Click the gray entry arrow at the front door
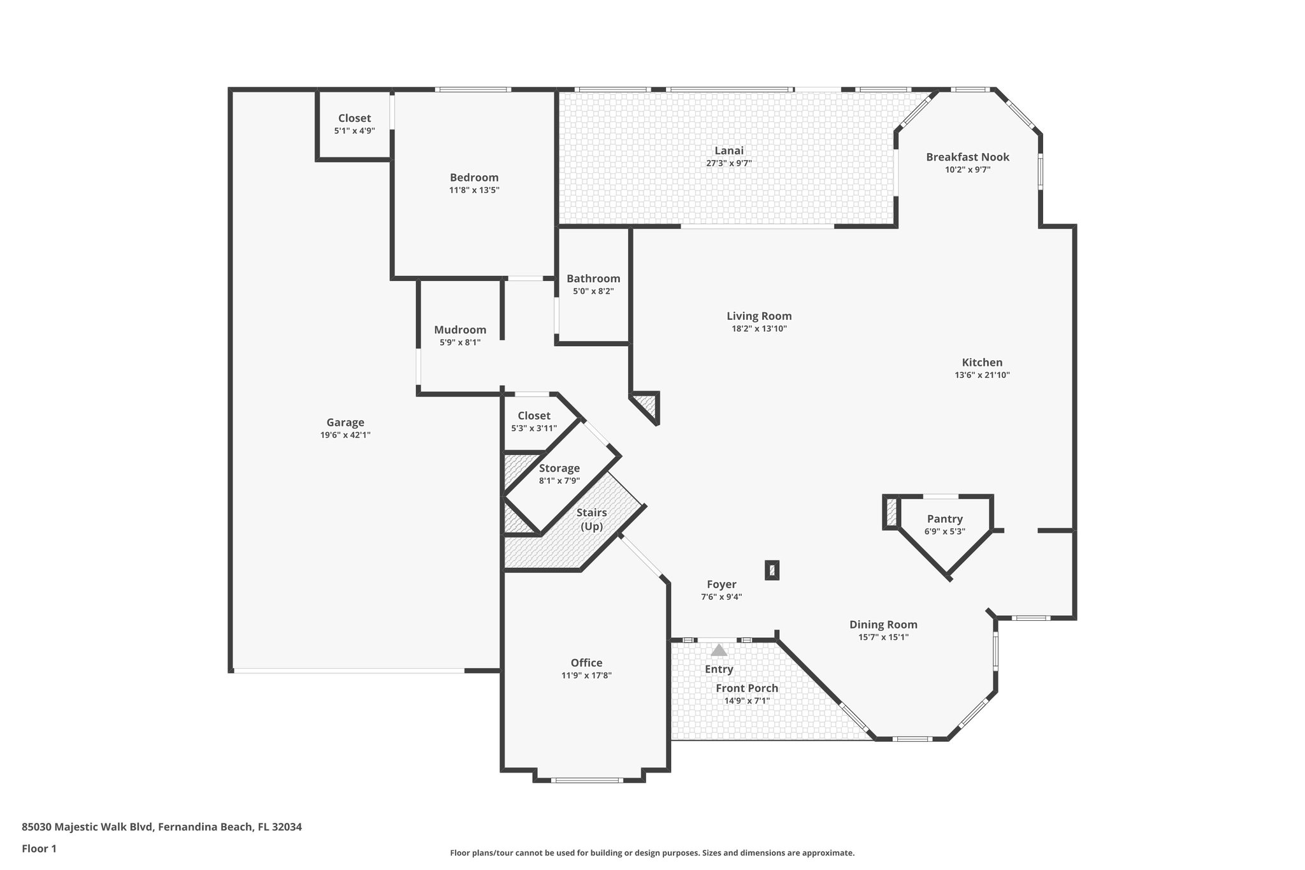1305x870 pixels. [719, 650]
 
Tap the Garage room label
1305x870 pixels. [345, 423]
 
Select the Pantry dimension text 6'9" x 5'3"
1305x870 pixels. [944, 532]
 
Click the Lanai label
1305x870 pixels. [729, 150]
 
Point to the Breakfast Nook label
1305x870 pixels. [967, 157]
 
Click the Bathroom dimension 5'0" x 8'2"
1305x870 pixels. [593, 291]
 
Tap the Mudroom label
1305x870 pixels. [460, 330]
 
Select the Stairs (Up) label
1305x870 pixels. [591, 519]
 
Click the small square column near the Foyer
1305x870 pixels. [772, 570]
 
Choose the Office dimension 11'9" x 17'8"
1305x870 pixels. [586, 676]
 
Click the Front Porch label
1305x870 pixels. [747, 688]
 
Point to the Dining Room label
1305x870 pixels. [883, 625]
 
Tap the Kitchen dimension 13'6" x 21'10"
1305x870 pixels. [982, 375]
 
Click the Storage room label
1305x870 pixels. [559, 468]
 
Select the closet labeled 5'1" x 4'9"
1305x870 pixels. [354, 124]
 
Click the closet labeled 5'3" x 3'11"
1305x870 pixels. [533, 422]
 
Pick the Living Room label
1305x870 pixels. [759, 316]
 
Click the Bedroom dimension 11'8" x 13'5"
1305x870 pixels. [474, 190]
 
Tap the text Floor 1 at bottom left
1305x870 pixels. [39, 848]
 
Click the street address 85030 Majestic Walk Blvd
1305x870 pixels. [88, 827]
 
